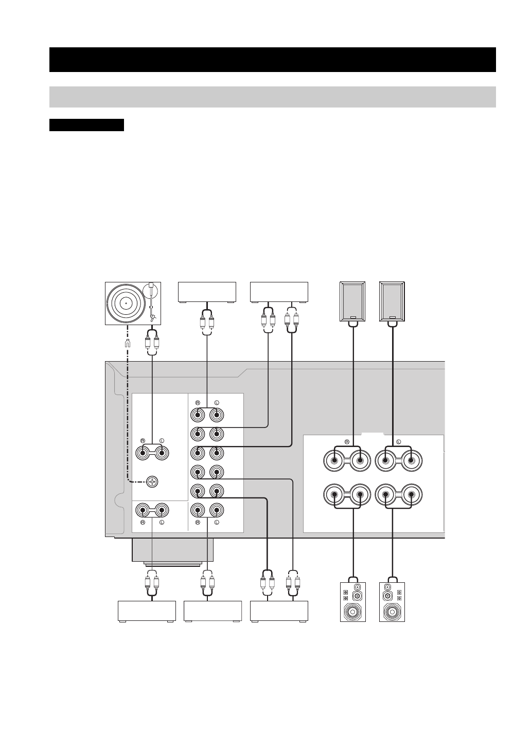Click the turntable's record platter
pos(126,303)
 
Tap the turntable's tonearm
pos(151,304)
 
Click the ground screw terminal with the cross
pos(152,482)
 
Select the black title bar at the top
pos(272,60)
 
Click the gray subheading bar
pos(272,97)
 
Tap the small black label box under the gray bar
pos(86,125)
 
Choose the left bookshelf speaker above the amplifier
pos(352,301)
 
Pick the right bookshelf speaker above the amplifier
pos(392,301)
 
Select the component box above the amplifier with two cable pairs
pos(279,292)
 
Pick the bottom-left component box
pos(147,611)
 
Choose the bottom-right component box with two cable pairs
pos(279,611)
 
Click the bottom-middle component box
pos(213,611)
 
